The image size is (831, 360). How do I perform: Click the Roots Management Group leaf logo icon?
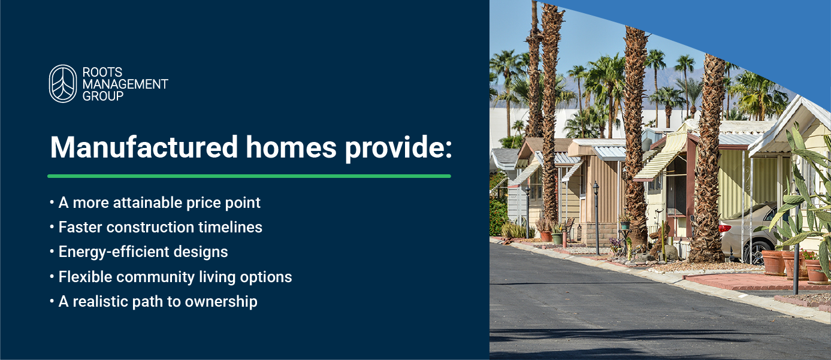tap(63, 84)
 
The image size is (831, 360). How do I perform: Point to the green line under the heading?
tap(249, 176)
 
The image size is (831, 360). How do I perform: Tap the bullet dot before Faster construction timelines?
tap(52, 228)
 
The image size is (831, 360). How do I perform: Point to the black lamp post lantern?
tap(596, 188)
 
